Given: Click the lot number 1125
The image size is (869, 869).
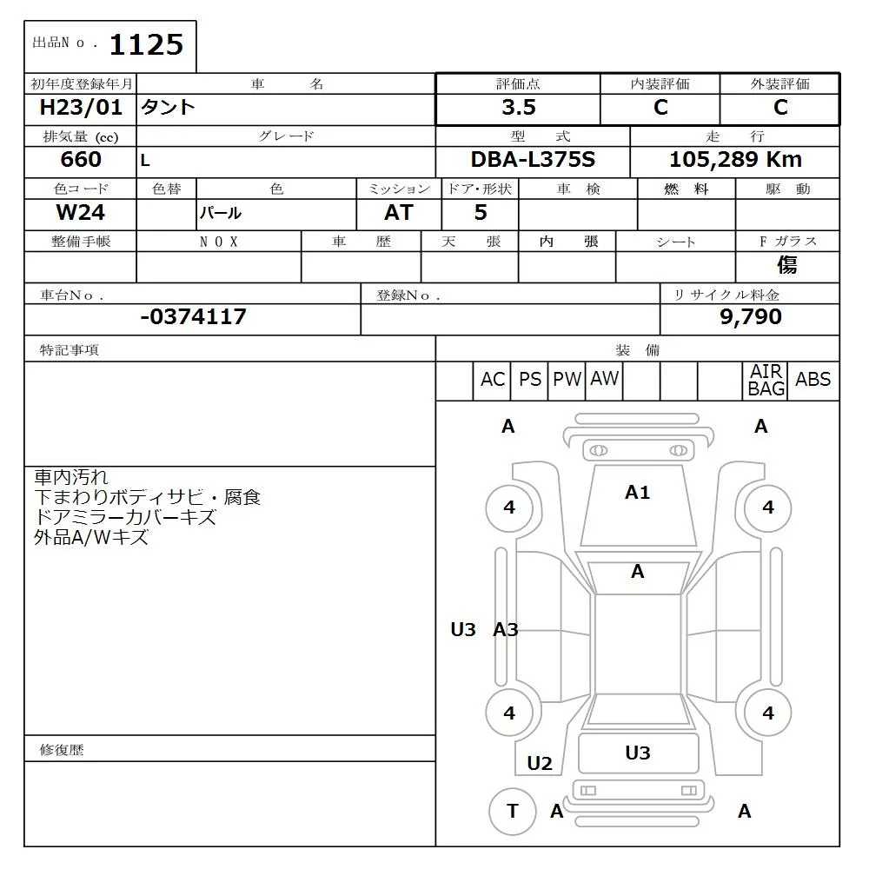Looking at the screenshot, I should [146, 44].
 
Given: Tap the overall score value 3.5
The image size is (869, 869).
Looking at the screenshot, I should [519, 108].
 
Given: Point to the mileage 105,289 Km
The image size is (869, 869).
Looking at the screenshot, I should [735, 160].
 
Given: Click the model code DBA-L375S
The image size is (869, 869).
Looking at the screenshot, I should [533, 160].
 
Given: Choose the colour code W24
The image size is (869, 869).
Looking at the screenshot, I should [81, 212].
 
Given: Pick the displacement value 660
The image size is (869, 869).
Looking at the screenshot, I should [81, 160].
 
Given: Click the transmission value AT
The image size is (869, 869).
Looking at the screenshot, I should [398, 213].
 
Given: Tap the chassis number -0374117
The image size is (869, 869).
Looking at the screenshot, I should [193, 317].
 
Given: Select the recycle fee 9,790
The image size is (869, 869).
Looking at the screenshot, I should [750, 317].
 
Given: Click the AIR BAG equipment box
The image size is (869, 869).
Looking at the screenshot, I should [766, 381].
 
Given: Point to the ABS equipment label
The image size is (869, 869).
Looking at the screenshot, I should [813, 380].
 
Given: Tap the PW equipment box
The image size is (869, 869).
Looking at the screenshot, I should [567, 380].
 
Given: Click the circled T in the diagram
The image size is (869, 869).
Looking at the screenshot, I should [513, 811].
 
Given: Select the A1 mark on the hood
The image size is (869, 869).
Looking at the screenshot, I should [637, 493].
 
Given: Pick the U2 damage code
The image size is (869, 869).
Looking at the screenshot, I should [540, 764].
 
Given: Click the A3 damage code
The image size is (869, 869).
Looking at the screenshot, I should [506, 630].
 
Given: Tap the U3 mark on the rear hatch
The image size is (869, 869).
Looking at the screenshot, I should [638, 753].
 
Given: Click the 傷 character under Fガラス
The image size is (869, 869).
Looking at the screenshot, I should [787, 265].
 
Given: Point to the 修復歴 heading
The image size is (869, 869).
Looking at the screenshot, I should [63, 749].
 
